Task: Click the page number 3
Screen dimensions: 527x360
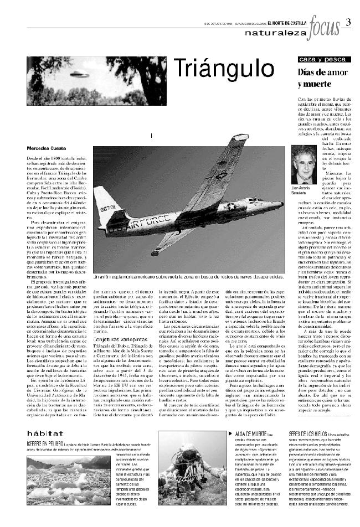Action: click(x=348, y=22)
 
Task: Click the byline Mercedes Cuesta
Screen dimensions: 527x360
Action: click(x=45, y=148)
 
